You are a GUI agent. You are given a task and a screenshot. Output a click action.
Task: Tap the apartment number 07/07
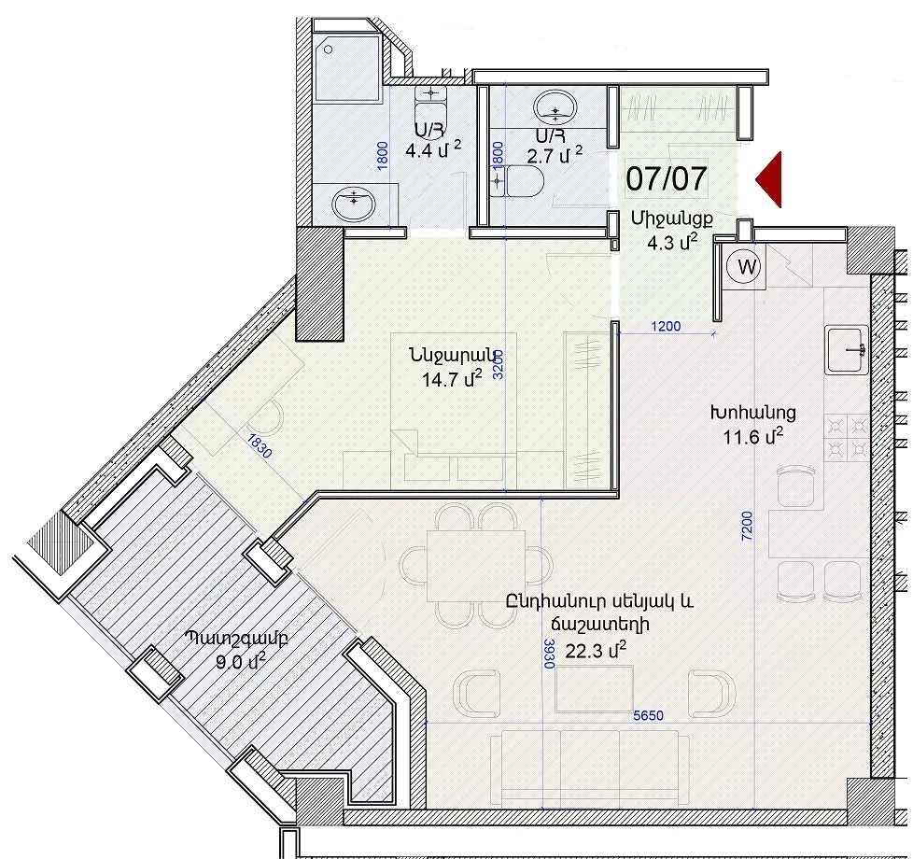[x=667, y=178]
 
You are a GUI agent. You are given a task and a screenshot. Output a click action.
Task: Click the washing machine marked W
[x=747, y=267]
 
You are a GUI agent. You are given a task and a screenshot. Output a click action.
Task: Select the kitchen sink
[x=848, y=349]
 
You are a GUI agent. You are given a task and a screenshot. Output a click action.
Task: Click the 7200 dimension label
[x=747, y=526]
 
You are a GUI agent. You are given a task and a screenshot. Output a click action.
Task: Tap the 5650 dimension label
[x=648, y=715]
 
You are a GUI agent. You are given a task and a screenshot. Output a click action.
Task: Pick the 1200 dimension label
[x=666, y=326]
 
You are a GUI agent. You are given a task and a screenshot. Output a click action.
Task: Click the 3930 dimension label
[x=548, y=653]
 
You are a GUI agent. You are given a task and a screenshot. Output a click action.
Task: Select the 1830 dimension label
[x=259, y=446]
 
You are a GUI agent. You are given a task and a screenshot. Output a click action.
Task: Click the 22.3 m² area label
[x=596, y=649]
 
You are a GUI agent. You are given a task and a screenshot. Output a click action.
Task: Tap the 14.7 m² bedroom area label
[x=452, y=379]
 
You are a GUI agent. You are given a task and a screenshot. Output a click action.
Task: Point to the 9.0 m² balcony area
[x=241, y=661]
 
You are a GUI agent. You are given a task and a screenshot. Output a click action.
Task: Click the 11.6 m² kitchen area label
[x=752, y=436]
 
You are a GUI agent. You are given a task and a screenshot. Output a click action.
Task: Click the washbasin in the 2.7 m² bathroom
[x=555, y=107]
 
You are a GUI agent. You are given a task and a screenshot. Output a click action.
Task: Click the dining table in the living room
[x=476, y=566]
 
